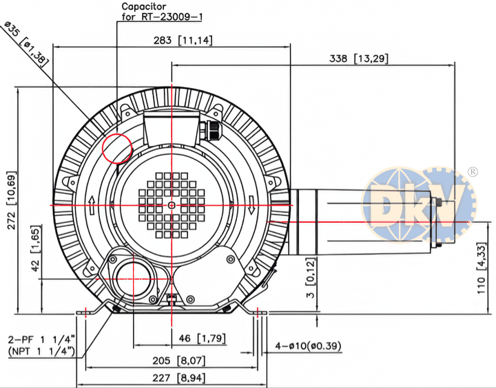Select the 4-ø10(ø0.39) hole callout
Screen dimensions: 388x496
(309, 345)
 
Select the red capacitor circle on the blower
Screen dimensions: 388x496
(117, 147)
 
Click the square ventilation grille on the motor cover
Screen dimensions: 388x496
(171, 204)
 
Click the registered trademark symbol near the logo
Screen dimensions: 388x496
(473, 171)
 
